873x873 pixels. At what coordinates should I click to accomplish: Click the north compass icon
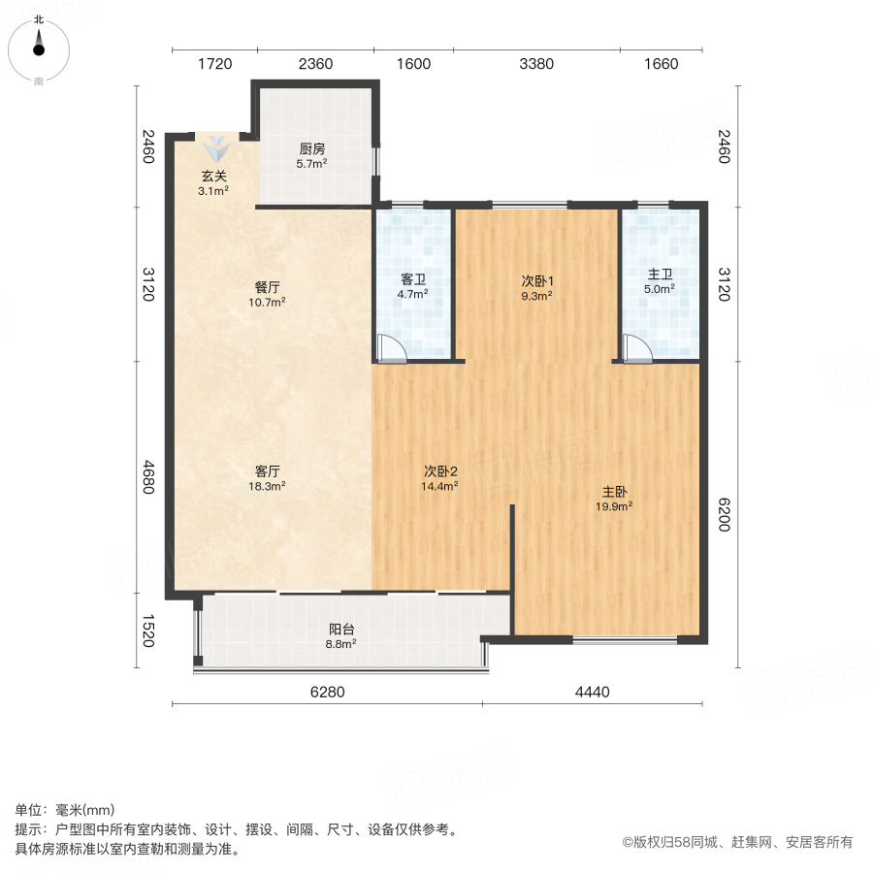click(x=39, y=47)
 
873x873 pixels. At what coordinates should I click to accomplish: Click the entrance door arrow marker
click(x=217, y=148)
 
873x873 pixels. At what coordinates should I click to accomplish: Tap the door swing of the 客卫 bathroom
click(x=390, y=347)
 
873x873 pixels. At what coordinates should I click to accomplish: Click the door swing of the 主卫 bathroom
click(x=637, y=347)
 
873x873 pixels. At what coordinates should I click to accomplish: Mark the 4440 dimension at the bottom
click(x=592, y=692)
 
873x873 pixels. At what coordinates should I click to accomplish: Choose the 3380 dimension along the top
click(x=536, y=64)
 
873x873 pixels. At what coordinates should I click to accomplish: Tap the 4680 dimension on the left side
click(x=147, y=475)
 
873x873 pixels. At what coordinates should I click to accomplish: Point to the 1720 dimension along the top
click(x=215, y=64)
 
